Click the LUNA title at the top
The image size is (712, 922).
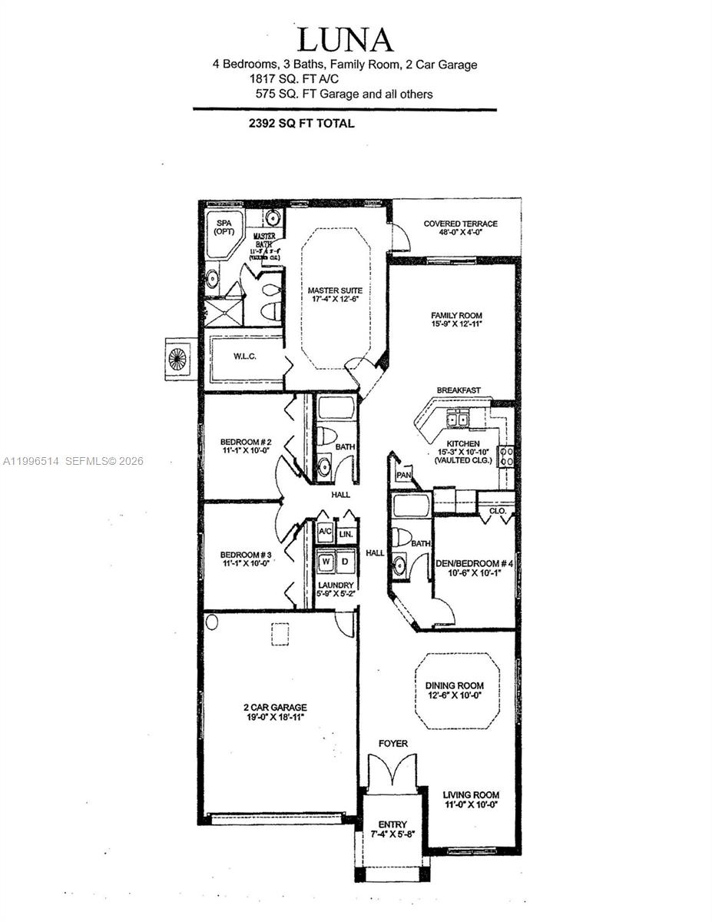tap(345, 39)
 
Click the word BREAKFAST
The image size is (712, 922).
tap(459, 390)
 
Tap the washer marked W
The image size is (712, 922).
tap(326, 561)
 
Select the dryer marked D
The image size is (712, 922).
tap(346, 561)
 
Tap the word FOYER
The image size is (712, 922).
tap(392, 744)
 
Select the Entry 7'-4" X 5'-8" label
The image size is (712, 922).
tap(392, 829)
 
